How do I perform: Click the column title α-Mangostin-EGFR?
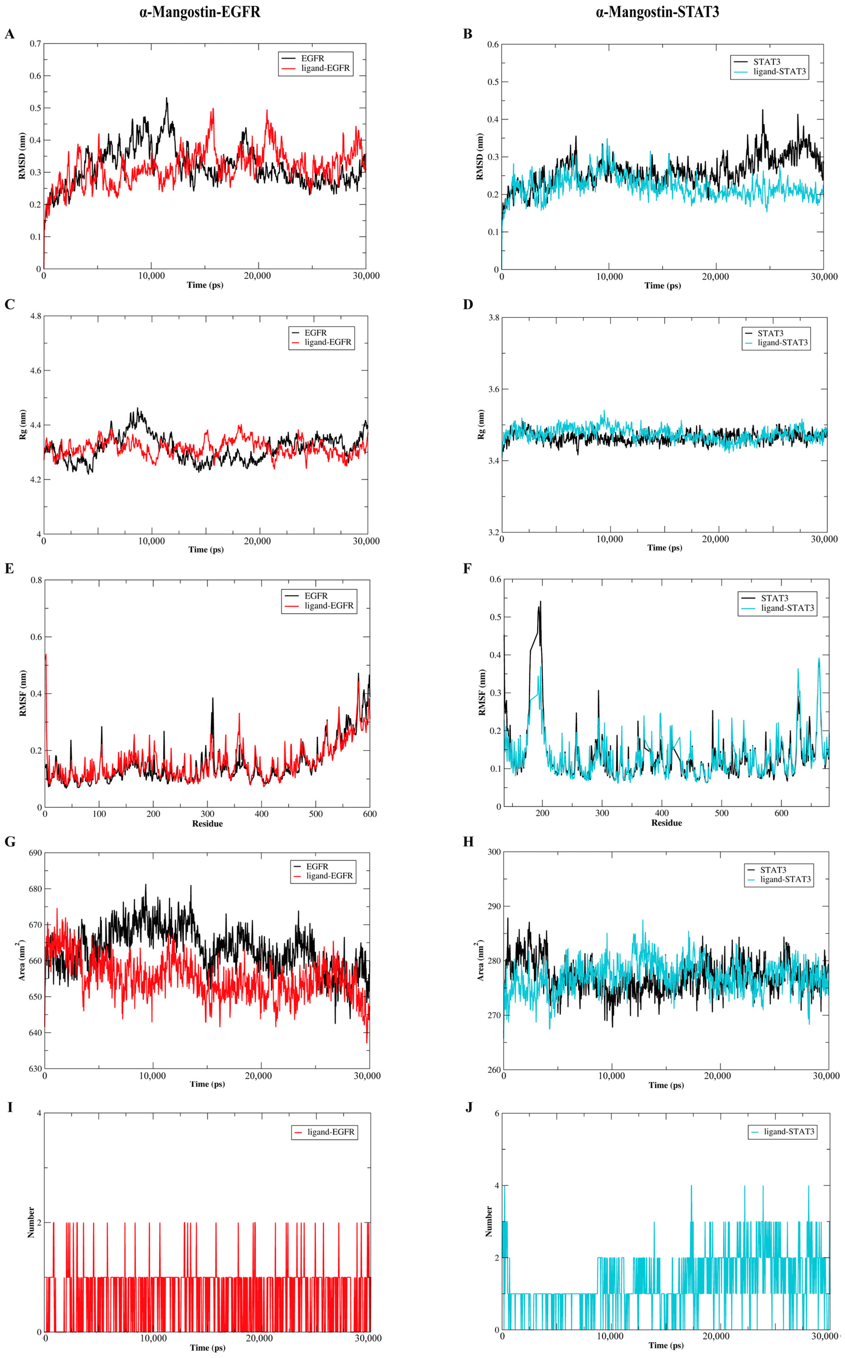tap(200, 12)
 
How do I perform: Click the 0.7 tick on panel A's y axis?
tap(35, 44)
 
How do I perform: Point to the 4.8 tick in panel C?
tap(35, 316)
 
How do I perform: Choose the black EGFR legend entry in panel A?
tap(312, 58)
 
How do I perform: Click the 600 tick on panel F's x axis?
tap(781, 813)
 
